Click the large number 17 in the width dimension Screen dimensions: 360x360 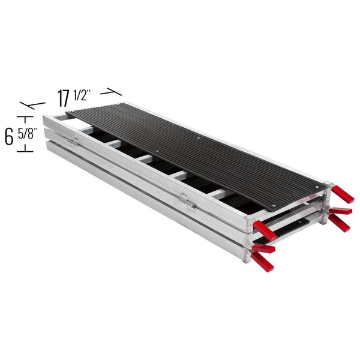tap(65, 97)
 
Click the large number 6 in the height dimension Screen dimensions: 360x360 tap(9, 136)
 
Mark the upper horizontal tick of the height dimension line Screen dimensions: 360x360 tap(25, 115)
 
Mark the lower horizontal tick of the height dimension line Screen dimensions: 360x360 tap(25, 151)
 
